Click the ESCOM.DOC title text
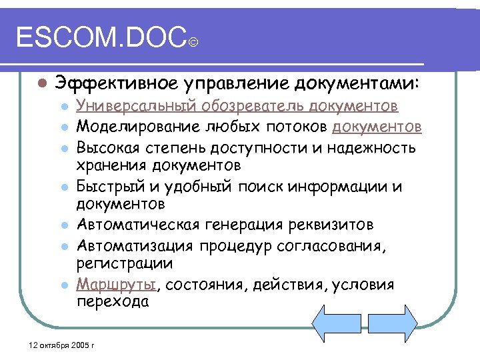pos(100,38)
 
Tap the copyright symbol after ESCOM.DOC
pos(193,43)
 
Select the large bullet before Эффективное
pos(42,84)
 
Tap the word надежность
pos(376,147)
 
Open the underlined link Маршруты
pos(117,285)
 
